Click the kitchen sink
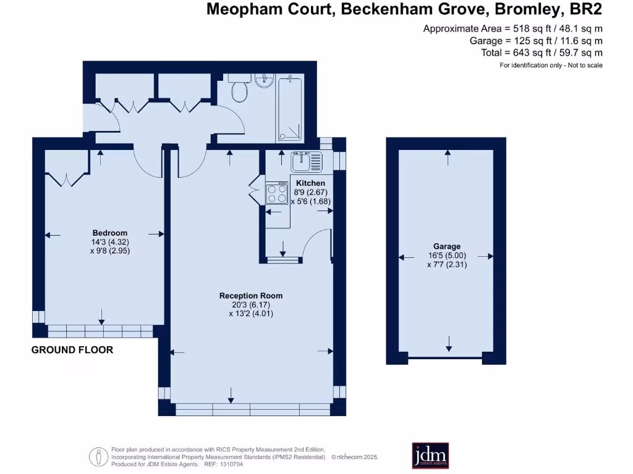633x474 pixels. (x=307, y=162)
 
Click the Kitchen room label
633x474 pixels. (x=310, y=183)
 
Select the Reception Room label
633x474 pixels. (x=251, y=296)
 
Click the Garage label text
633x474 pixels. (x=447, y=246)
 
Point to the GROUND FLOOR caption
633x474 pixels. (x=72, y=350)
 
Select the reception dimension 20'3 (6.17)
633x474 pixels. (x=251, y=305)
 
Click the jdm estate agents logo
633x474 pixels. (x=430, y=455)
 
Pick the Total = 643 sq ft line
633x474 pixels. (x=542, y=53)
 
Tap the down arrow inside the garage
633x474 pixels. (x=448, y=343)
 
